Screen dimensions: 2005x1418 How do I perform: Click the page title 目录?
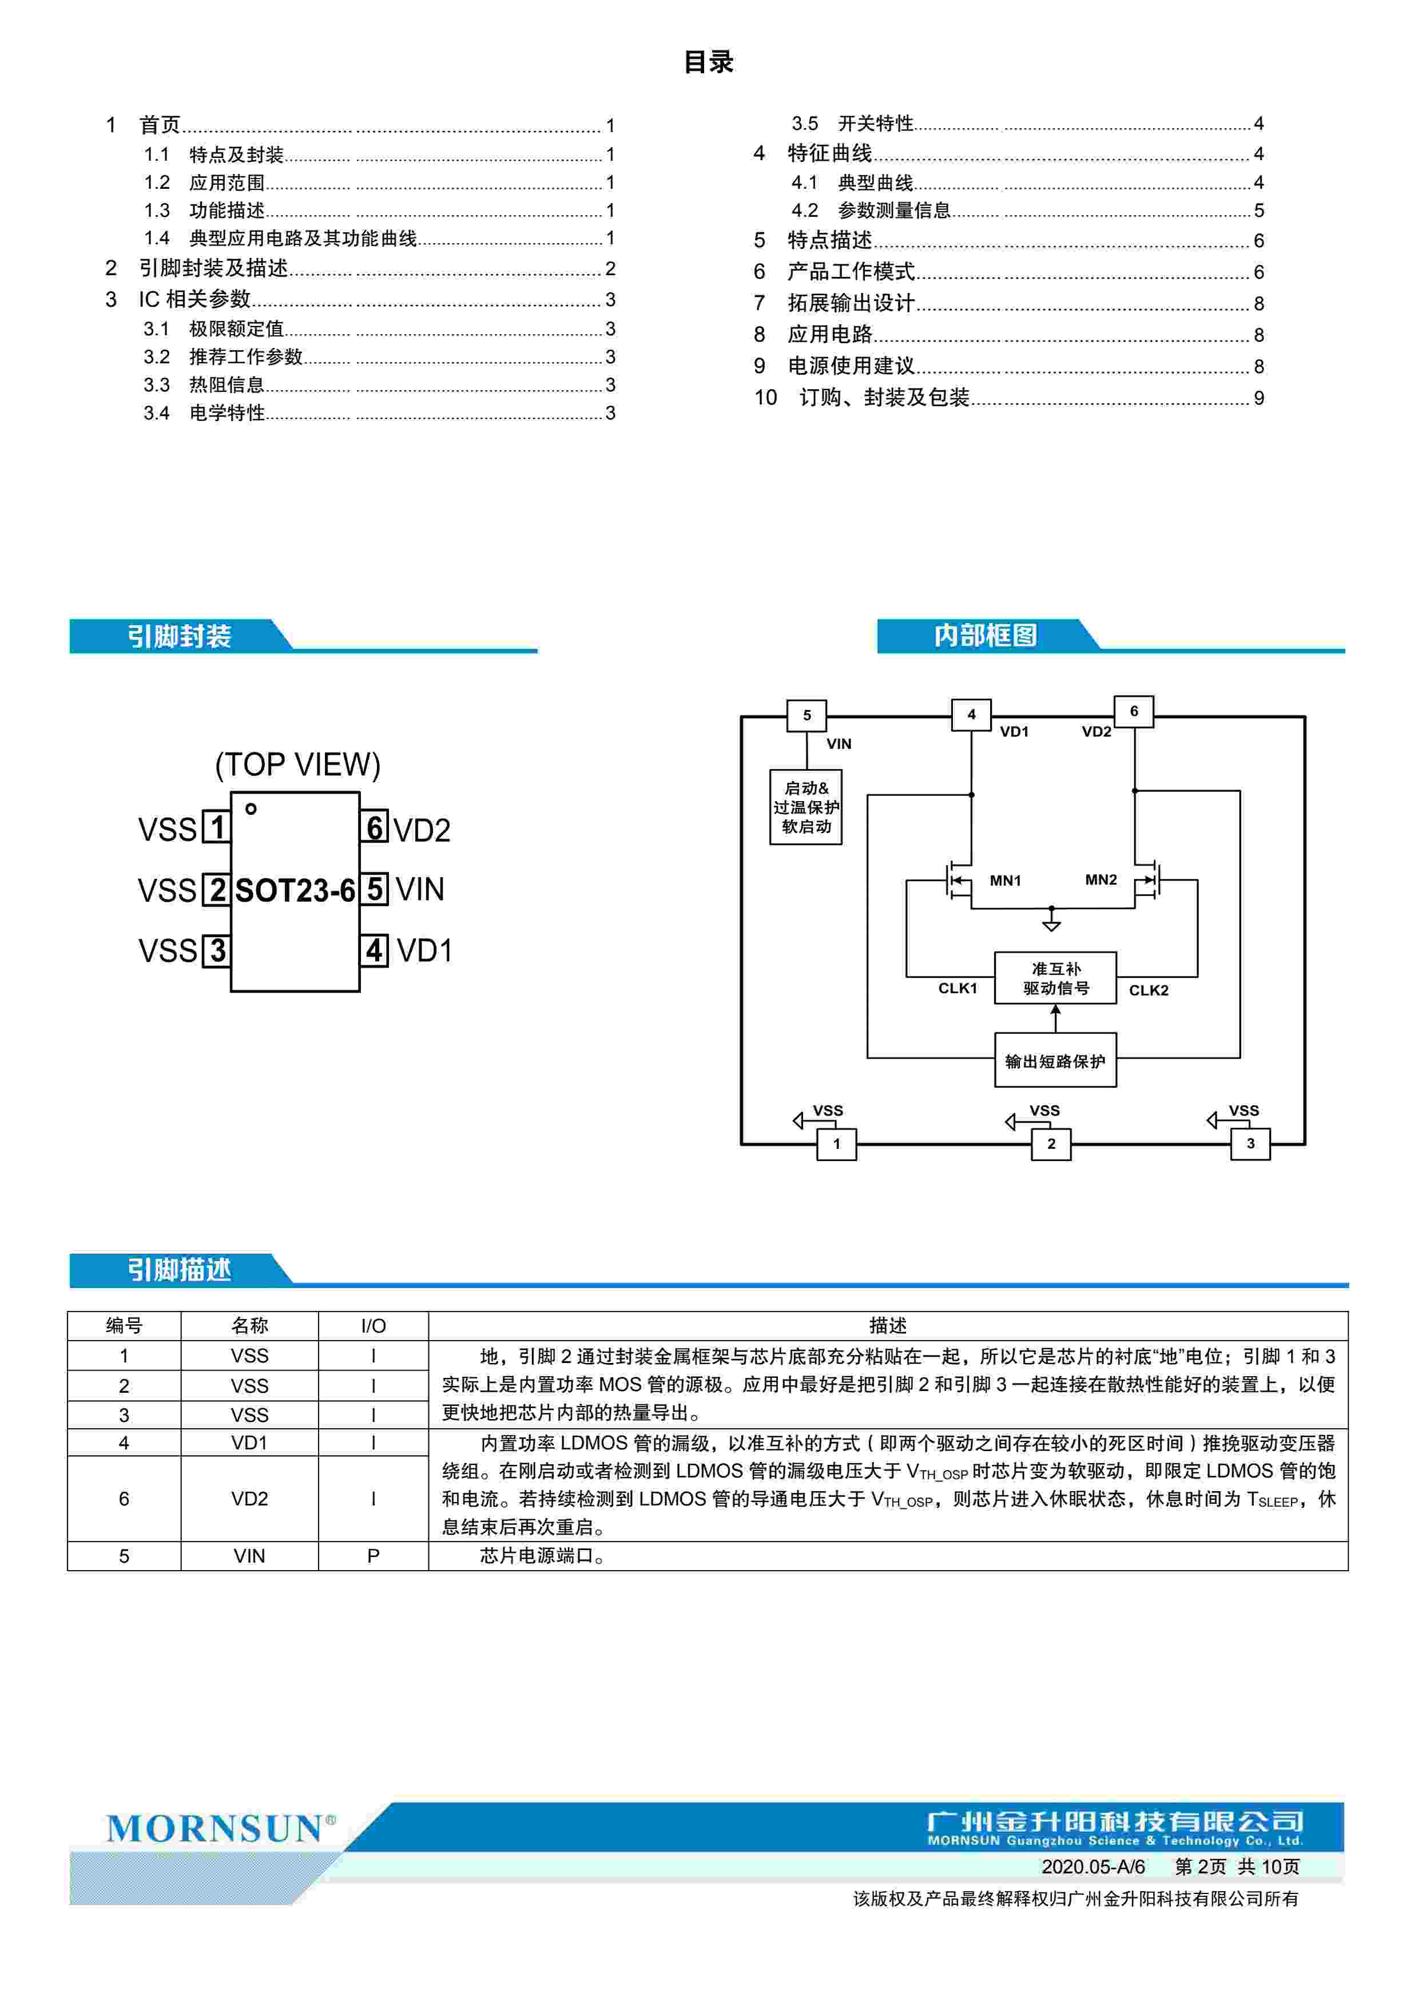pyautogui.click(x=708, y=62)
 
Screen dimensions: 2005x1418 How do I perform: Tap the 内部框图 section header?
pyautogui.click(x=985, y=635)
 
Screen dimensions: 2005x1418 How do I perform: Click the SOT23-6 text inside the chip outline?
pyautogui.click(x=295, y=891)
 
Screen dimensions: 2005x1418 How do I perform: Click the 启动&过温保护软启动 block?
pyautogui.click(x=805, y=807)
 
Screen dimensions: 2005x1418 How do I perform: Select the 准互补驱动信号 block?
pyautogui.click(x=1055, y=978)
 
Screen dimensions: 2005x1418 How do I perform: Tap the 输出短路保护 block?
pyautogui.click(x=1055, y=1061)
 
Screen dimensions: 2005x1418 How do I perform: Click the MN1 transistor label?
pyautogui.click(x=1005, y=880)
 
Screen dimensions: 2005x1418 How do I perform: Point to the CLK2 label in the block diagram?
pyautogui.click(x=1148, y=990)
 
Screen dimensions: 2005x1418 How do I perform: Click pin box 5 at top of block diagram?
pyautogui.click(x=806, y=715)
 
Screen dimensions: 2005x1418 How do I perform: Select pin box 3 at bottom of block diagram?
pyautogui.click(x=1249, y=1143)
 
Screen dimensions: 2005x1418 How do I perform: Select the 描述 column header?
pyautogui.click(x=887, y=1326)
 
